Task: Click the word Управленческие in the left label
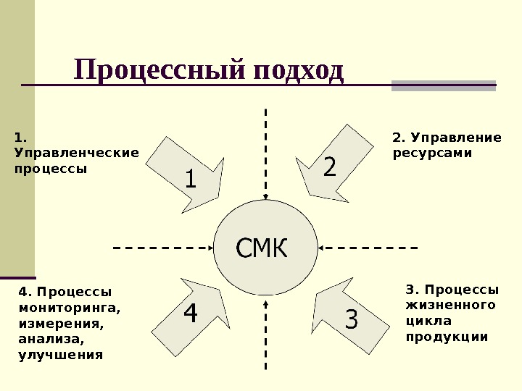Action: click(x=76, y=153)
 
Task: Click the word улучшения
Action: click(x=61, y=355)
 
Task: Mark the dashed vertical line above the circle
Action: click(x=266, y=152)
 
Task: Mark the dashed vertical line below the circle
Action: click(x=266, y=340)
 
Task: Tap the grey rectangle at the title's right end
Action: click(x=443, y=85)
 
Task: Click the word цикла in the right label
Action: click(x=428, y=320)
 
